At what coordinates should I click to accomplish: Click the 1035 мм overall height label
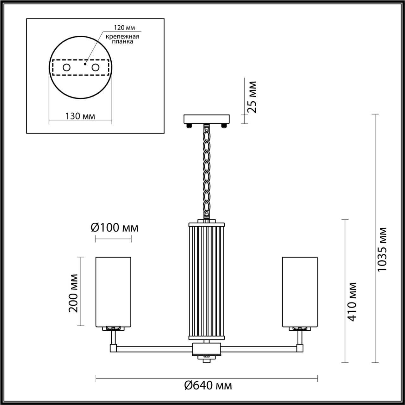[383, 249]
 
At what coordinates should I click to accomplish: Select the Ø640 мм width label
[208, 385]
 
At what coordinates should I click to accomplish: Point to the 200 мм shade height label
[73, 293]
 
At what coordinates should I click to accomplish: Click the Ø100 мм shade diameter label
[115, 227]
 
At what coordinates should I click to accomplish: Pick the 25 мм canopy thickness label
[252, 97]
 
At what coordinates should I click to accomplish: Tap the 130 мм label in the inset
[80, 116]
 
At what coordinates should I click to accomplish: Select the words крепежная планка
[122, 39]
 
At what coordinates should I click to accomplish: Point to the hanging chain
[207, 171]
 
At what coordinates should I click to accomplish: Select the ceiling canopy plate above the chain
[208, 119]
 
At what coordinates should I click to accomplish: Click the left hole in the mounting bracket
[66, 67]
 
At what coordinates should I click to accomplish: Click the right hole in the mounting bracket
[95, 67]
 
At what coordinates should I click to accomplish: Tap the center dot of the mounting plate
[85, 64]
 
